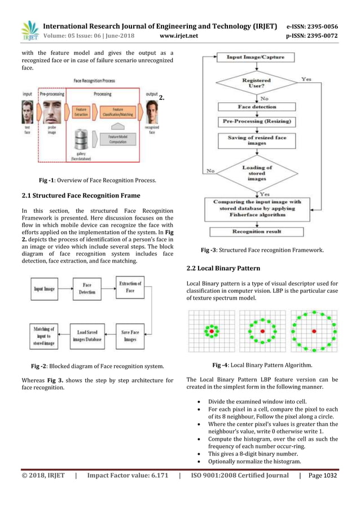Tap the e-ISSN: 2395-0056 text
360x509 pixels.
click(x=320, y=27)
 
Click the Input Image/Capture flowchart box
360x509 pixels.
click(x=256, y=58)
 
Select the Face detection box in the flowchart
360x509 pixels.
click(x=256, y=107)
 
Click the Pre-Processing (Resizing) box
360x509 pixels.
click(x=256, y=121)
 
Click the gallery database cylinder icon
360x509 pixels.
click(x=82, y=139)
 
